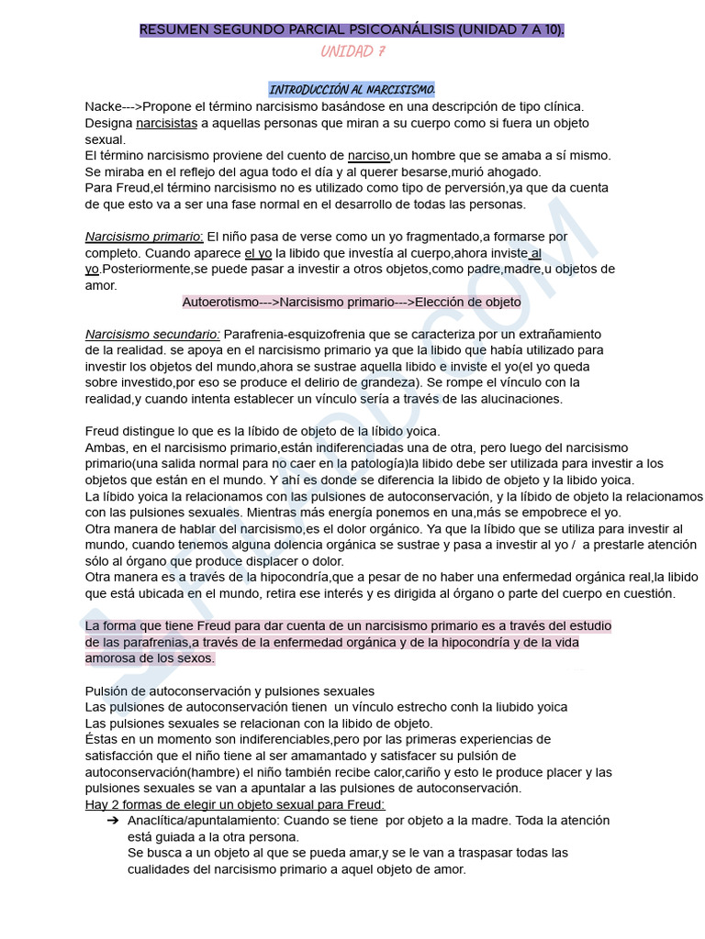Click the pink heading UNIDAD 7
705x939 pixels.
(x=352, y=51)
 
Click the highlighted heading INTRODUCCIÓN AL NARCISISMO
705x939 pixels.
(x=352, y=89)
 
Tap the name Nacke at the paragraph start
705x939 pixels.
(x=103, y=106)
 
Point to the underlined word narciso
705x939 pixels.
(x=370, y=155)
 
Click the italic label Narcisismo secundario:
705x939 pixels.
(x=152, y=334)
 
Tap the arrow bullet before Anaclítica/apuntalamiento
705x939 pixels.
(x=112, y=821)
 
